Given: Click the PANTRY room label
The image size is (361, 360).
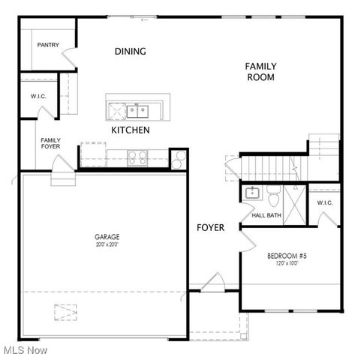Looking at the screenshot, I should click(x=47, y=45).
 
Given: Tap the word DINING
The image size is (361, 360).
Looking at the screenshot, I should click(x=130, y=52).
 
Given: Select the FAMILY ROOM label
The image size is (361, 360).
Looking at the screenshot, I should click(x=260, y=71).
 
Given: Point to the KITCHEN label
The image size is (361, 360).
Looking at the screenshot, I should click(x=131, y=130).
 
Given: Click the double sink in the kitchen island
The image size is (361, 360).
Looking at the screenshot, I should click(x=137, y=111).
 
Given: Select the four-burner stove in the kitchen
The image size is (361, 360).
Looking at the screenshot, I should click(x=137, y=157).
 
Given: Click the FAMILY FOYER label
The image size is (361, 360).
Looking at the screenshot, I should click(x=50, y=142).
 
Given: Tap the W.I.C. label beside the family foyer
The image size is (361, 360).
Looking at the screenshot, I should click(x=38, y=96).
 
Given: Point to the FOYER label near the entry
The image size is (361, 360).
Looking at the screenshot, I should click(x=210, y=227).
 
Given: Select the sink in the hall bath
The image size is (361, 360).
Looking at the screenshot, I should click(x=252, y=193).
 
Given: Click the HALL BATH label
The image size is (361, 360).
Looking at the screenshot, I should click(x=266, y=216).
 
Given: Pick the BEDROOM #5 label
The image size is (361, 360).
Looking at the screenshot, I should click(x=287, y=256).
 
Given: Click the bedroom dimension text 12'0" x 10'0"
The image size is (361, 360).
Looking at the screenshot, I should click(x=287, y=264).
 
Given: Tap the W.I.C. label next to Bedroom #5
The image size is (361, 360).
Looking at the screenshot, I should click(x=324, y=202).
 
